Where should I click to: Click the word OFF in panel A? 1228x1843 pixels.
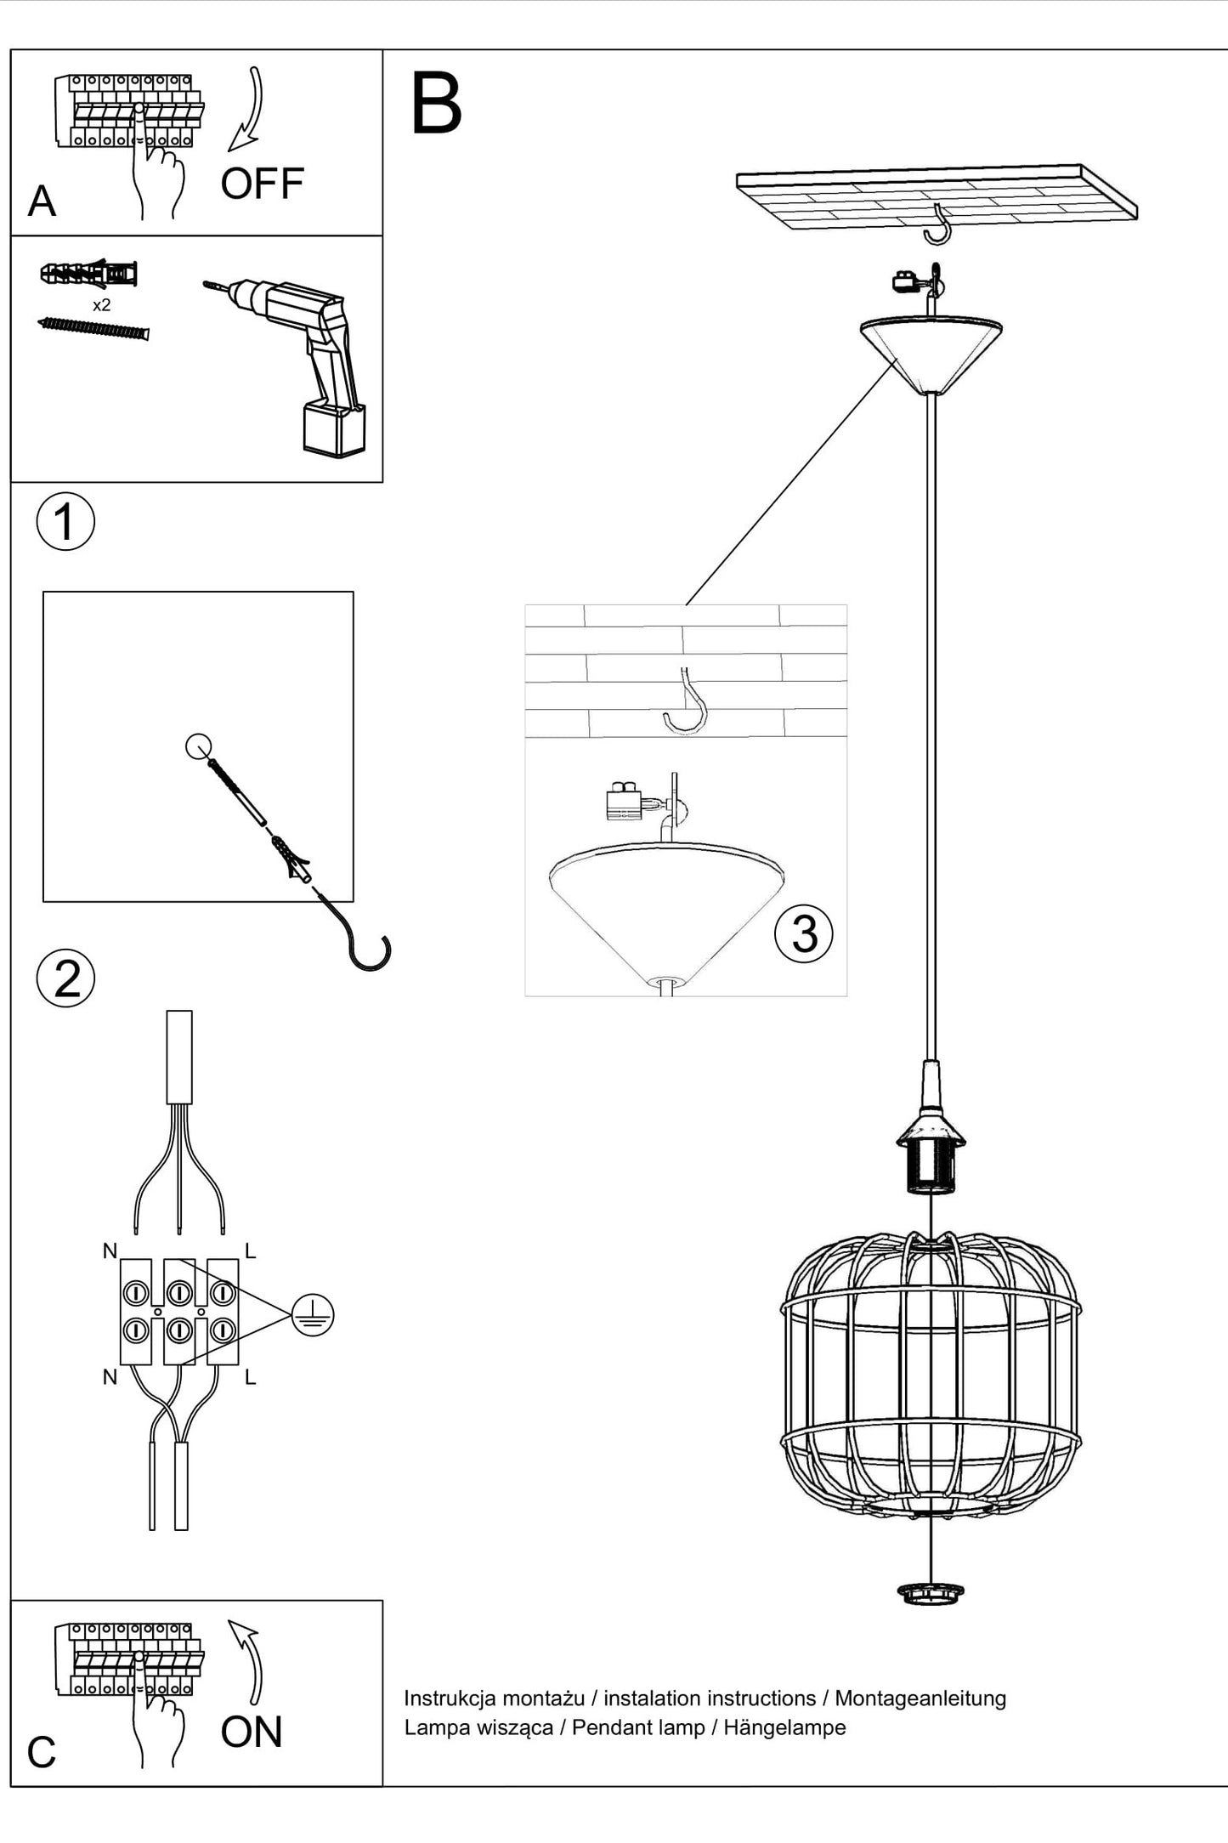click(x=262, y=184)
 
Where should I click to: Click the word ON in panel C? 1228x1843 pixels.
click(x=252, y=1732)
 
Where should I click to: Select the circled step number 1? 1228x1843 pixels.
click(x=65, y=521)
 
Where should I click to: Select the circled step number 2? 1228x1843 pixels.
click(x=66, y=978)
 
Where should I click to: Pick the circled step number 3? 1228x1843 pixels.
click(x=804, y=933)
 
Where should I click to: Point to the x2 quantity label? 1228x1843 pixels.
click(x=101, y=305)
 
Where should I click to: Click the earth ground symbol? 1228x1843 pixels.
click(x=313, y=1315)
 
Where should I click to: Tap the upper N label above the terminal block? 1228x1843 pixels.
click(x=110, y=1250)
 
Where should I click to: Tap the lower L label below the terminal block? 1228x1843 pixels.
click(x=250, y=1377)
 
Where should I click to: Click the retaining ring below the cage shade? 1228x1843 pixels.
click(x=931, y=1592)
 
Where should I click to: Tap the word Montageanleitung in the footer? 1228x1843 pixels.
click(x=920, y=1698)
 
